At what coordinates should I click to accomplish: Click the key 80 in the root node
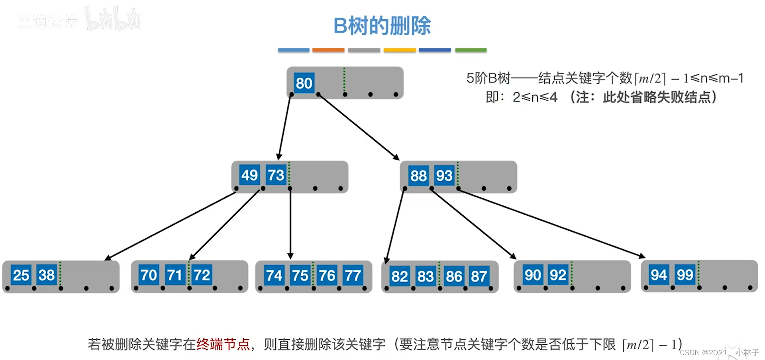pyautogui.click(x=304, y=83)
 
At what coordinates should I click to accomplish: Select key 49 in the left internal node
pyautogui.click(x=249, y=175)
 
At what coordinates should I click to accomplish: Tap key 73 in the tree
pyautogui.click(x=276, y=175)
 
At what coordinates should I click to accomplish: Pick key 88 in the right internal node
pyautogui.click(x=418, y=176)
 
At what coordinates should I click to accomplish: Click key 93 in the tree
pyautogui.click(x=444, y=176)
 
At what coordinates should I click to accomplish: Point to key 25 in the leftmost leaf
pyautogui.click(x=21, y=275)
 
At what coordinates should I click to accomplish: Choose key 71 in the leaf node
pyautogui.click(x=175, y=275)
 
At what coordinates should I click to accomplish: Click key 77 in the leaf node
pyautogui.click(x=353, y=276)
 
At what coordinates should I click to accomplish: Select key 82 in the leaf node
pyautogui.click(x=399, y=276)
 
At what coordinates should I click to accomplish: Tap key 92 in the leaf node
pyautogui.click(x=558, y=275)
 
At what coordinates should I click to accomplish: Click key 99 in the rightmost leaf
pyautogui.click(x=685, y=275)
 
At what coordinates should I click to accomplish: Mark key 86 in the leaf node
pyautogui.click(x=454, y=276)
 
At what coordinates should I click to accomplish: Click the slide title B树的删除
pyautogui.click(x=382, y=26)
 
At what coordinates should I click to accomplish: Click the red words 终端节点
pyautogui.click(x=223, y=344)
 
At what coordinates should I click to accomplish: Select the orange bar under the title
pyautogui.click(x=328, y=50)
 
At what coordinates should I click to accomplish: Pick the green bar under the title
pyautogui.click(x=471, y=50)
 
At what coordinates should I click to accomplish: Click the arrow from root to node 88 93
pyautogui.click(x=359, y=127)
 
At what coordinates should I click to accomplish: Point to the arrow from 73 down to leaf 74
pyautogui.click(x=290, y=223)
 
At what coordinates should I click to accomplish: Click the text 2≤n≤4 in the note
pyautogui.click(x=535, y=97)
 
